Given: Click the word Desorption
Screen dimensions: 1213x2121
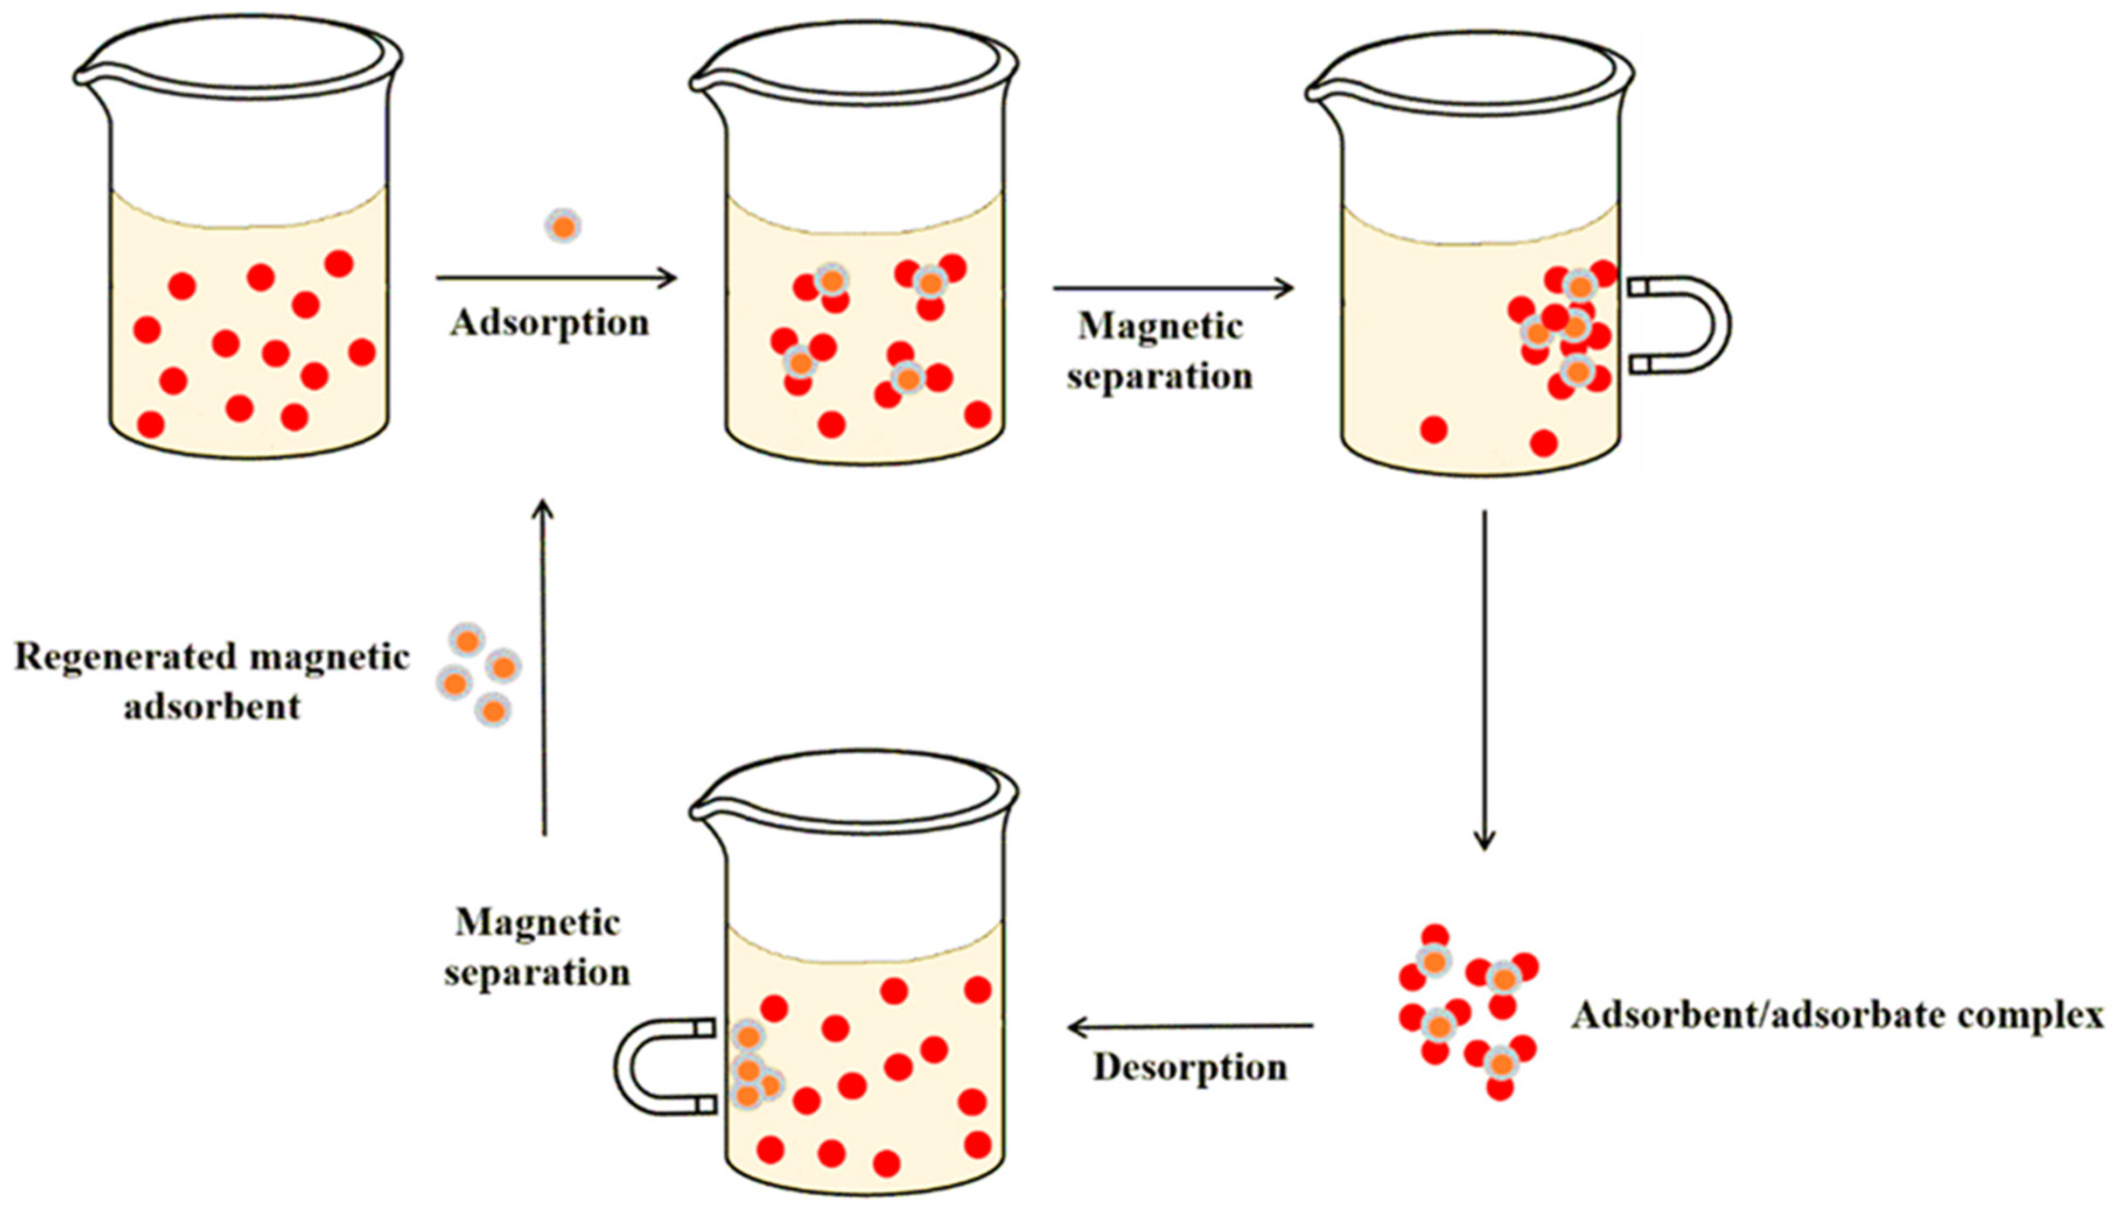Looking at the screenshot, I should point(1190,1067).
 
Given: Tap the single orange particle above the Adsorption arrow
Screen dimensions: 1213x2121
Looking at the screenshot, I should point(563,226).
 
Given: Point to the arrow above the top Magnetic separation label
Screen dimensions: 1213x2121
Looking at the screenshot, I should point(1173,288).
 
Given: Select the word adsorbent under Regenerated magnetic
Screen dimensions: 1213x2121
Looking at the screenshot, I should point(213,707).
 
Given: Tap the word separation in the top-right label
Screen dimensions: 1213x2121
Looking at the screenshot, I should point(1159,377).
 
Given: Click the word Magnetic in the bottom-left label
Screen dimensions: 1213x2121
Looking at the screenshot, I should point(537,922).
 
